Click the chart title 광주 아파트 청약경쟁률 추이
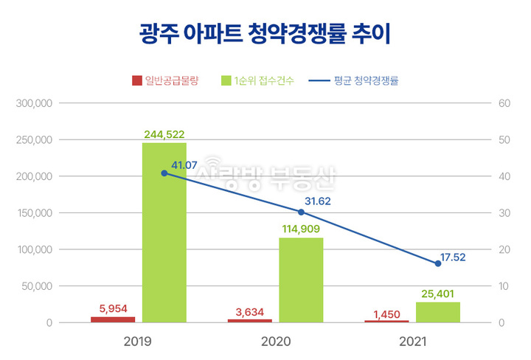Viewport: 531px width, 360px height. click(265, 34)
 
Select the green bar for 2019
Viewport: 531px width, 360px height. click(164, 232)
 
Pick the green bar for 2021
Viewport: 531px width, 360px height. click(438, 312)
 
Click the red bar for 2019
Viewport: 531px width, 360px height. click(113, 319)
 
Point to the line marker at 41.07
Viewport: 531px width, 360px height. click(164, 173)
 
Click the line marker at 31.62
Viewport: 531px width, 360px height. click(301, 212)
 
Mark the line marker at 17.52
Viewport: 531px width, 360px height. click(438, 263)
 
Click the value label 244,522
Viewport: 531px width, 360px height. click(163, 134)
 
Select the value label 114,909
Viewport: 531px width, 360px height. click(300, 229)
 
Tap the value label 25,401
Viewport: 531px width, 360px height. click(437, 294)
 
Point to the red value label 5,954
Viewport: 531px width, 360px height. click(113, 309)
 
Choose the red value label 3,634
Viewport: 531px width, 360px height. click(250, 312)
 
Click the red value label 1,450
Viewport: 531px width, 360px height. click(387, 315)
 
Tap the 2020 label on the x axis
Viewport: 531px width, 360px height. click(275, 342)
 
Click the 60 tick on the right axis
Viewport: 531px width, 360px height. click(505, 103)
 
